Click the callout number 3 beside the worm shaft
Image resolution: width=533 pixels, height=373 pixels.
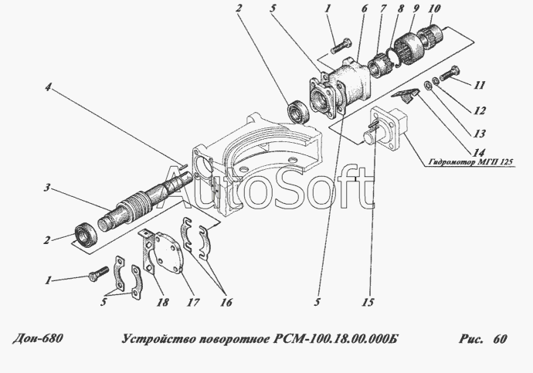tap(47, 187)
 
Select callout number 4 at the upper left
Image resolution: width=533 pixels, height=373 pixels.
tap(48, 87)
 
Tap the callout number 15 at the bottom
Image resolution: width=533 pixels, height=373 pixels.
tap(368, 302)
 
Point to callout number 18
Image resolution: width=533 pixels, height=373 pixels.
tap(162, 302)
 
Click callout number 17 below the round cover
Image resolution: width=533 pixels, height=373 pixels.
tap(193, 302)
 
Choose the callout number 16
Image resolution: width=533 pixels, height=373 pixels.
tap(226, 302)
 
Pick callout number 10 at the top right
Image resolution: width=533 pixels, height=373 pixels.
tap(434, 8)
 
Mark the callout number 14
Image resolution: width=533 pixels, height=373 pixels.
tap(479, 153)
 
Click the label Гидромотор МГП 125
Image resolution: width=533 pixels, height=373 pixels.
tap(470, 162)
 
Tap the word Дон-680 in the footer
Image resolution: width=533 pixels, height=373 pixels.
tap(38, 338)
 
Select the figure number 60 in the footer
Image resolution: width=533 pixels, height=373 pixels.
tap(500, 339)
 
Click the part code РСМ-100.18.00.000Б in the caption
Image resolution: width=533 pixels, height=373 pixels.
tap(335, 339)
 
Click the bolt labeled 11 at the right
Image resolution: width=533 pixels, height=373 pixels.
tap(450, 73)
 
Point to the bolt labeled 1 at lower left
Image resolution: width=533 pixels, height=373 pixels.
tap(98, 273)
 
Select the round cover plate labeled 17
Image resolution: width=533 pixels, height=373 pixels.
tap(168, 253)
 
